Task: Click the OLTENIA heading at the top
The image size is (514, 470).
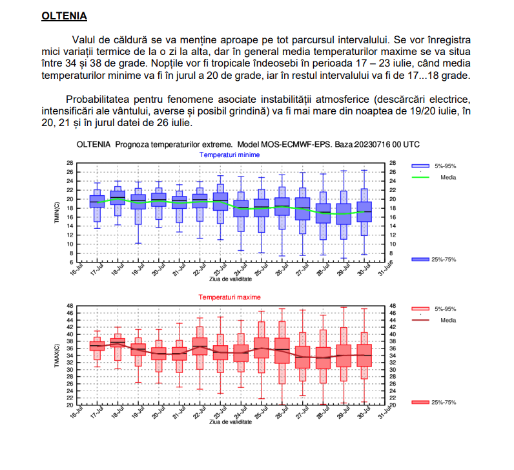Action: pyautogui.click(x=64, y=15)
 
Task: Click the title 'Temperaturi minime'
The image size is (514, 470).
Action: pyautogui.click(x=229, y=155)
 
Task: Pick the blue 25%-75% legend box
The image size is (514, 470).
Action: pyautogui.click(x=420, y=259)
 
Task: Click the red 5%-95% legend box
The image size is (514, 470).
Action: pyautogui.click(x=420, y=310)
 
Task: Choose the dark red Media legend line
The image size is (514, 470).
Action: pyautogui.click(x=420, y=320)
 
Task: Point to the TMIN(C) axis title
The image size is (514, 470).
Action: pyautogui.click(x=57, y=213)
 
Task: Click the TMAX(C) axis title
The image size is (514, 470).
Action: pyautogui.click(x=57, y=356)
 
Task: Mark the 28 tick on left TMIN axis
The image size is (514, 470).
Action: pyautogui.click(x=70, y=163)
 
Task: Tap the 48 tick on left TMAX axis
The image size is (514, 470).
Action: pyautogui.click(x=70, y=306)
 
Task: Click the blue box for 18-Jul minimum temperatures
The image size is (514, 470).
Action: pyautogui.click(x=118, y=197)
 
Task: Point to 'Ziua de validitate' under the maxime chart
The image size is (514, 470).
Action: pyautogui.click(x=229, y=421)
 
